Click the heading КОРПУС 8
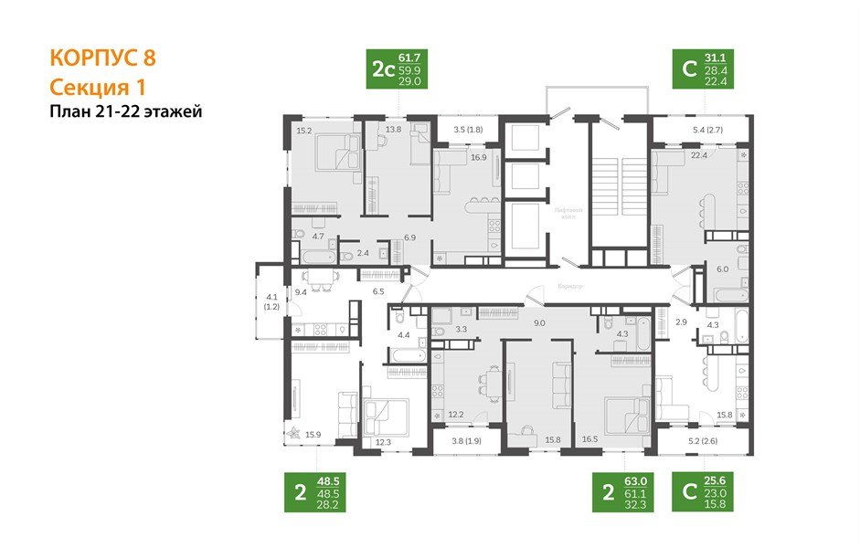coord(102,58)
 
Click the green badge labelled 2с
coord(398,70)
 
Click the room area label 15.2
coord(304,130)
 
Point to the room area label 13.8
coord(393,130)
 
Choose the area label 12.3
coord(383,442)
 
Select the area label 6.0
coord(721,269)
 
